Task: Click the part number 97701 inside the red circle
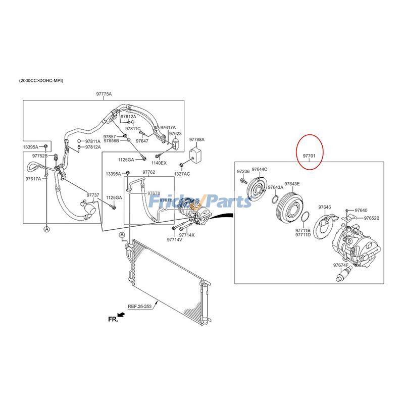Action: pos(309,156)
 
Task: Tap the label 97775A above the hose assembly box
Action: pos(104,94)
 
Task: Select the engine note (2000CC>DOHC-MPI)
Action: pos(41,81)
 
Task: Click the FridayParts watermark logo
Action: pos(200,201)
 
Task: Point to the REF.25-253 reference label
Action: pos(140,307)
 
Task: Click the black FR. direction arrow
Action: pos(121,315)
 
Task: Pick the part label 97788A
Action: pos(197,140)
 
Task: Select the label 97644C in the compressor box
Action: pos(260,169)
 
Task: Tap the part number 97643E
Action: pos(292,184)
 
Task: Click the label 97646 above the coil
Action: pos(325,207)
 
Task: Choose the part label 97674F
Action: pos(340,265)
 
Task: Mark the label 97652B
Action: pos(372,218)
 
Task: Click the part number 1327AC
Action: pos(182,174)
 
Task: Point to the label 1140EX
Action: pos(159,163)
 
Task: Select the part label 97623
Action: pos(175,133)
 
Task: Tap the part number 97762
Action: pos(149,172)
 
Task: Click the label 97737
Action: pos(93,195)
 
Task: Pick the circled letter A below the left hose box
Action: pos(46,229)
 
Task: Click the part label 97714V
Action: pos(175,239)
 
